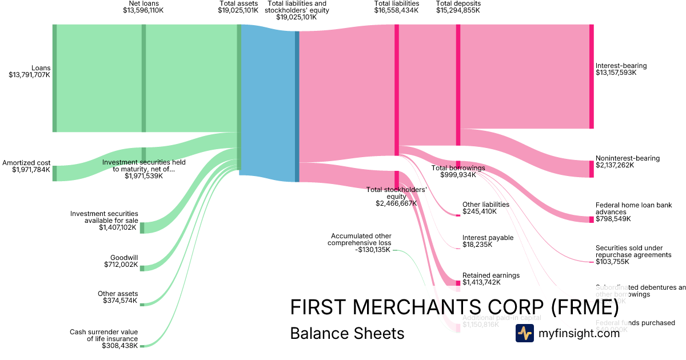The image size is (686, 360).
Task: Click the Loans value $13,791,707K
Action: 29,75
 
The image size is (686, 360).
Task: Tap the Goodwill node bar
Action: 142,268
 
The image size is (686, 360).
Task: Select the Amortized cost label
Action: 26,163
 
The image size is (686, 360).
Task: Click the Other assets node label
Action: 117,294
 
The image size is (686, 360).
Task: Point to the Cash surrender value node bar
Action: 142,346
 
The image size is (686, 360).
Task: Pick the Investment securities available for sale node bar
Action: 142,227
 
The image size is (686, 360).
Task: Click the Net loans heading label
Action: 143,3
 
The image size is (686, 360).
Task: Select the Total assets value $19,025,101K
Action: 238,10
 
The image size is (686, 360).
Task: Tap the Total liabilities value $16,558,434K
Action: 397,10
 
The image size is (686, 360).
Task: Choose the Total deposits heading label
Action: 458,3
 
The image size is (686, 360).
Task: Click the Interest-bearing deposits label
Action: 621,66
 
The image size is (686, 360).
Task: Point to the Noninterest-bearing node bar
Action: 592,169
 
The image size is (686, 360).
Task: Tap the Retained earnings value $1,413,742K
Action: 481,282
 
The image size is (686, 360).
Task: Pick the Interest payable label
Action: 488,238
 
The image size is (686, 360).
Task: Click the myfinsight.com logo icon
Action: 524,333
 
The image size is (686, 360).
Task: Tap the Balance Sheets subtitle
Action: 347,333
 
